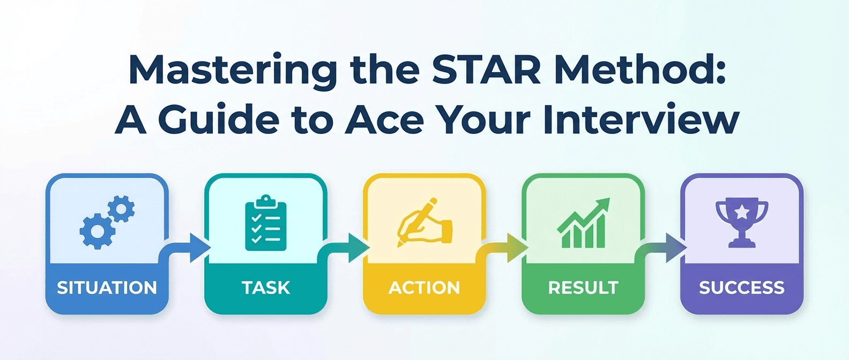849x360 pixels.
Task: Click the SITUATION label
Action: [107, 288]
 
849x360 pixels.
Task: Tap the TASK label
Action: [266, 288]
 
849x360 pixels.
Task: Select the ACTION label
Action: [424, 288]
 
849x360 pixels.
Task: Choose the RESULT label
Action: [583, 288]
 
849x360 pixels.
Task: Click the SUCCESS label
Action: [742, 288]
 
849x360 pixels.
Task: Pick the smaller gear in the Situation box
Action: [121, 209]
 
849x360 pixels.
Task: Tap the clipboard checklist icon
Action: [266, 223]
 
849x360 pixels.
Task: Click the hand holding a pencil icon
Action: [423, 223]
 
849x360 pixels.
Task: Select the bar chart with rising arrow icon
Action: [583, 223]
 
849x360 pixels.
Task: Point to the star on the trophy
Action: [742, 213]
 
